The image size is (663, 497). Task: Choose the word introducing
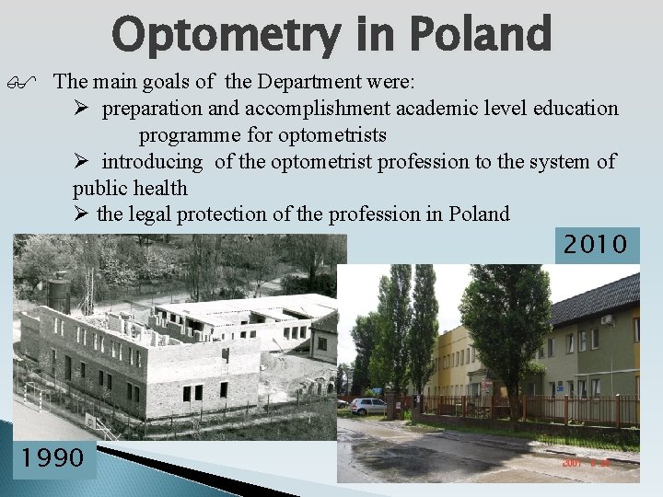[x=152, y=162]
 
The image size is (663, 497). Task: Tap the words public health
[x=130, y=189]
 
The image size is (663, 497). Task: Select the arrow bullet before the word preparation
[x=81, y=109]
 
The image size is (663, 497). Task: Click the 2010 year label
[x=596, y=245]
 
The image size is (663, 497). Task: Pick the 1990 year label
[x=53, y=457]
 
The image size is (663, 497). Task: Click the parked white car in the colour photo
[x=369, y=406]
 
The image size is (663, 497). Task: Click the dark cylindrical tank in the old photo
[x=59, y=294]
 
